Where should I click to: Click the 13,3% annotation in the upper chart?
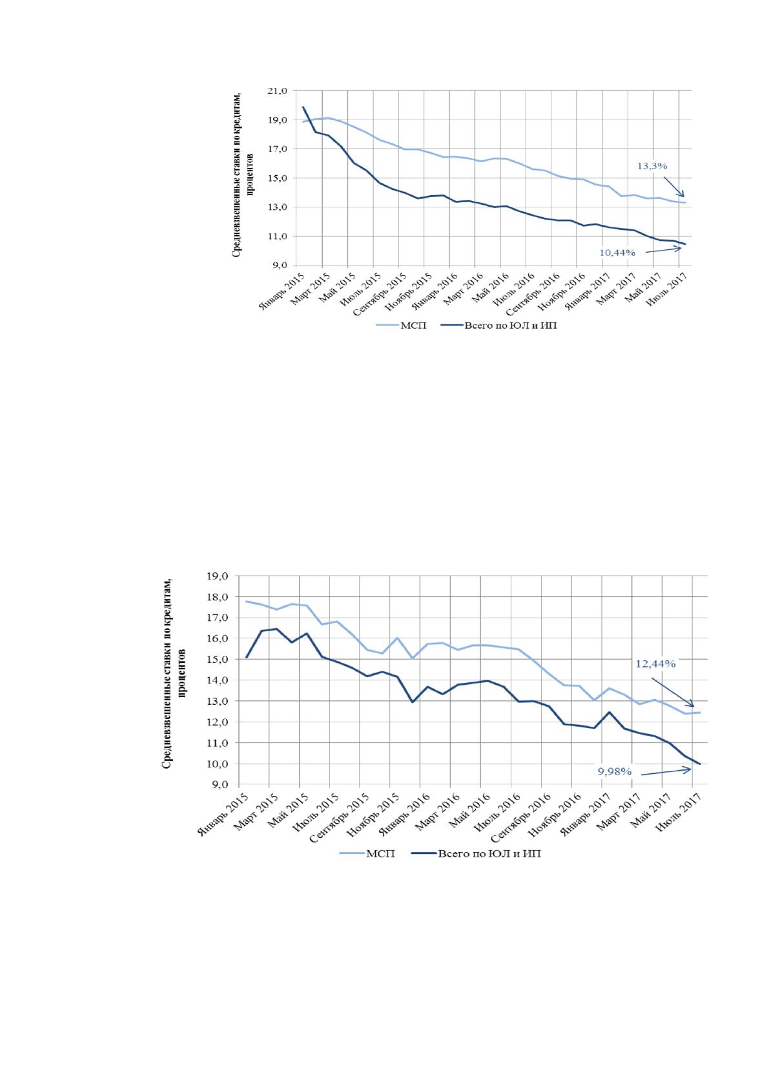(x=652, y=166)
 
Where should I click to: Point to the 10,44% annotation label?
(x=617, y=253)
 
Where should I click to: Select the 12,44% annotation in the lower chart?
(x=655, y=664)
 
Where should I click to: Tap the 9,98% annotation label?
(x=614, y=771)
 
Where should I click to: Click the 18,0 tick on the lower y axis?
(x=218, y=597)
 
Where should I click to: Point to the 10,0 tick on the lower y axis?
(x=218, y=764)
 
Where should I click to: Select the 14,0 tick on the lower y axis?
(x=218, y=680)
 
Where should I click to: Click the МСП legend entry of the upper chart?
(x=401, y=326)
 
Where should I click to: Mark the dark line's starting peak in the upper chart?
(x=303, y=107)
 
